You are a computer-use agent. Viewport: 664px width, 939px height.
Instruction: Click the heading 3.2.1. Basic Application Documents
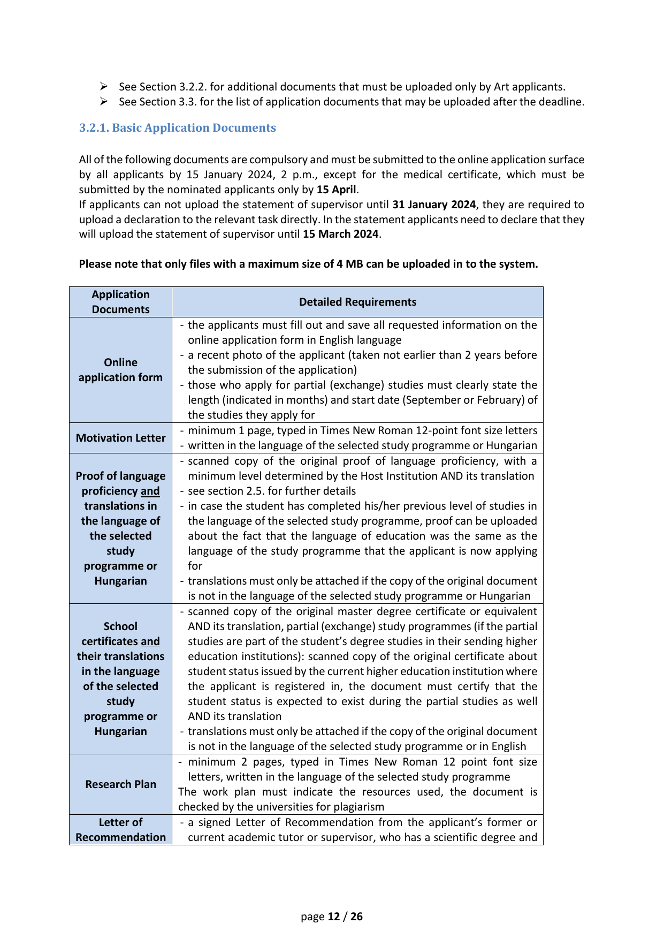[177, 128]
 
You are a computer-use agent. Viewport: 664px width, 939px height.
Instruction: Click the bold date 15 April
[336, 190]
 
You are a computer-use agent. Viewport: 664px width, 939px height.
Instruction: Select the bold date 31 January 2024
[434, 205]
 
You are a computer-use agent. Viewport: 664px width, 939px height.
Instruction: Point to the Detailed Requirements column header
[357, 302]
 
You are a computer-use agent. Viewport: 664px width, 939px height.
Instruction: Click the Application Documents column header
[121, 302]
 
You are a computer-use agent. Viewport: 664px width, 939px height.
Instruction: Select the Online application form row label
[121, 370]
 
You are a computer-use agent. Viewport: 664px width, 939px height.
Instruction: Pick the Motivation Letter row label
[121, 438]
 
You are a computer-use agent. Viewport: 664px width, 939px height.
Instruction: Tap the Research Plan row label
[121, 784]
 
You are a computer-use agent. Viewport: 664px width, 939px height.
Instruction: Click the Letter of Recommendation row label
[121, 830]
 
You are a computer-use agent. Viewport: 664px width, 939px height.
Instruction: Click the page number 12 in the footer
[334, 917]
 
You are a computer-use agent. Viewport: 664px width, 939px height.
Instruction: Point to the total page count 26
[356, 917]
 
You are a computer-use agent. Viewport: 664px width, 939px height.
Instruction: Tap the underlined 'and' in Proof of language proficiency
[150, 491]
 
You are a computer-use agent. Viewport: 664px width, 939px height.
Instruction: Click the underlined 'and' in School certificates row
[150, 641]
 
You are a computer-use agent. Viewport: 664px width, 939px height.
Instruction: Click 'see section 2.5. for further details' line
[272, 491]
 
